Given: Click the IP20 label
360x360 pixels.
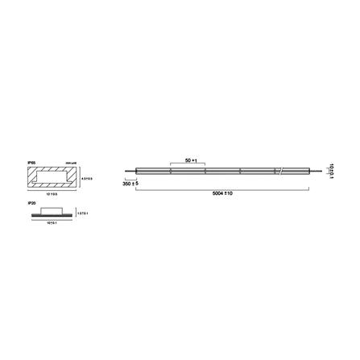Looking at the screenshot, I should point(31,204).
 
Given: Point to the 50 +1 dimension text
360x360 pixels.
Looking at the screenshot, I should point(191,160).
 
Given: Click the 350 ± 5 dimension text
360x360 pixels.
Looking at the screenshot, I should point(131,184).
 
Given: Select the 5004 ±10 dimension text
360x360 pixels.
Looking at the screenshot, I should point(222,193).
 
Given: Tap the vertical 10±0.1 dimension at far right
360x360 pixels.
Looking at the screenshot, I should point(331,170).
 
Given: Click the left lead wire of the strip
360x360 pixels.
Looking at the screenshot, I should point(130,171).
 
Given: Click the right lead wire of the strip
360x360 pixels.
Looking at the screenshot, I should point(315,171).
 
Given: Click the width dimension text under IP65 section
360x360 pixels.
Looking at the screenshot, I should point(52,194).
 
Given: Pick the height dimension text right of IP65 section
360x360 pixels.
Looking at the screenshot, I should point(87,178).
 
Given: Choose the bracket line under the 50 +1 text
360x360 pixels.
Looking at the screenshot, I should point(188,164).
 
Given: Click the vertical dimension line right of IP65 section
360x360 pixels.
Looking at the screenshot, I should point(79,178).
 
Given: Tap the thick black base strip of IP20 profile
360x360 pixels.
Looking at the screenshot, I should point(52,215).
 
